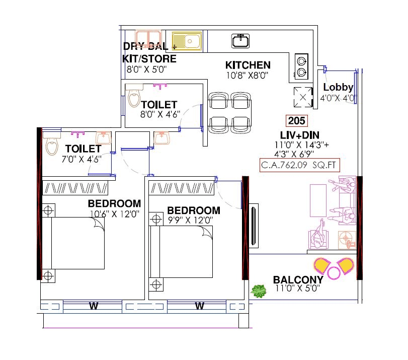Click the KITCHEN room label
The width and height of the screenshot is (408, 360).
[248, 65]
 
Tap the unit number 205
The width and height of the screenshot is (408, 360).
[296, 121]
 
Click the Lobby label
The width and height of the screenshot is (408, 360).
[338, 88]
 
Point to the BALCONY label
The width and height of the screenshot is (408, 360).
[298, 280]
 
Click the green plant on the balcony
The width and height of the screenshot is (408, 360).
[259, 291]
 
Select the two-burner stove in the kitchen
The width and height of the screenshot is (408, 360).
[301, 67]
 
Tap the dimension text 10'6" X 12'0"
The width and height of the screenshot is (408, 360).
[114, 213]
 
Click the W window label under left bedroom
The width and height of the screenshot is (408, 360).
[93, 306]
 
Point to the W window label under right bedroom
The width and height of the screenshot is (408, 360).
[199, 306]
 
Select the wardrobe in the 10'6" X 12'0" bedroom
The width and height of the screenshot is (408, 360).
[76, 188]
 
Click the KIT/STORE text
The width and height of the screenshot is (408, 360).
[149, 59]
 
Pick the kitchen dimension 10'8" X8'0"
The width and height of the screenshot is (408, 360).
[248, 76]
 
